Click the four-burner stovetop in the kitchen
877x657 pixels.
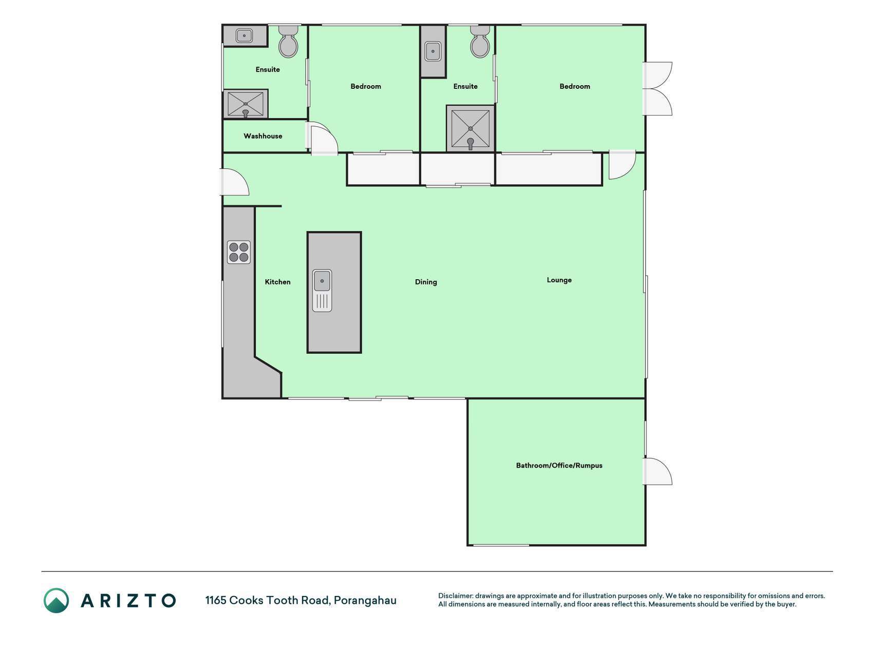tap(239, 252)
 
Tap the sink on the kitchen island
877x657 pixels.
tap(322, 291)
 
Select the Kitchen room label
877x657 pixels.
tap(277, 282)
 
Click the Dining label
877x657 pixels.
tap(426, 282)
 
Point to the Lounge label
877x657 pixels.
tap(559, 280)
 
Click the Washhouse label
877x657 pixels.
tap(263, 136)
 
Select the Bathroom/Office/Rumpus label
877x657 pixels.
tap(559, 466)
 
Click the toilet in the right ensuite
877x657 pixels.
tap(480, 42)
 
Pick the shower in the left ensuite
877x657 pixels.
tap(246, 104)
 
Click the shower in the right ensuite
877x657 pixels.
tap(471, 129)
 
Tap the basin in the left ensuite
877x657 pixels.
tap(244, 36)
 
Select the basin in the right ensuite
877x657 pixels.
tap(433, 51)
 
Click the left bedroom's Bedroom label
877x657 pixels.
tap(366, 86)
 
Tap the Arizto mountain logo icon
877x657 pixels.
tap(56, 601)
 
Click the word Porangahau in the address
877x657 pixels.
tap(365, 601)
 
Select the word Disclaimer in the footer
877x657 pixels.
tap(455, 596)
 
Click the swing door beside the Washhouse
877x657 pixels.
tap(322, 139)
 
